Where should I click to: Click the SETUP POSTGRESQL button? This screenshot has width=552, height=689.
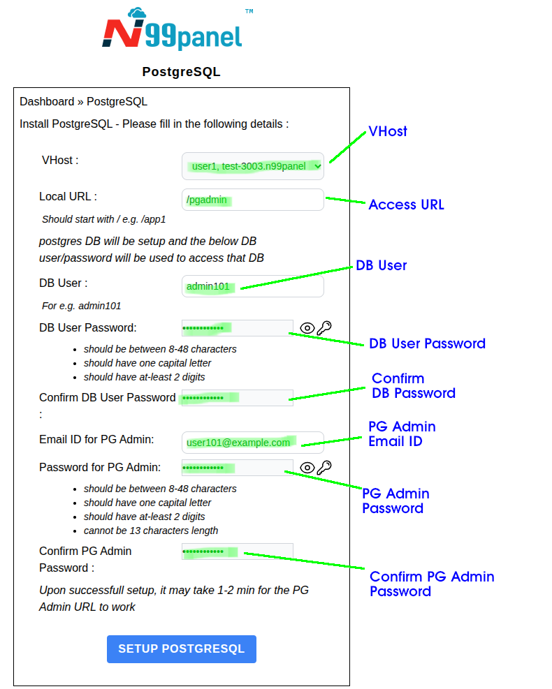(181, 649)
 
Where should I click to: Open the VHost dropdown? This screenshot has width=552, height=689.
(253, 166)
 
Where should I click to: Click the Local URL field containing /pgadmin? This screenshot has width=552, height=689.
(253, 200)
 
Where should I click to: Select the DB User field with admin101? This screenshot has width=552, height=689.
(253, 286)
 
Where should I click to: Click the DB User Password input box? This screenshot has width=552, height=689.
(237, 328)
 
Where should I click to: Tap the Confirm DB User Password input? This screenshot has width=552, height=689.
(237, 398)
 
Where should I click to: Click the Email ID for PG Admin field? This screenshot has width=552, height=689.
(253, 443)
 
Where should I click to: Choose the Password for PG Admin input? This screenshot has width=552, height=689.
(237, 468)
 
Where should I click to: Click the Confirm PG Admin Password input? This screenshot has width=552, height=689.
(237, 551)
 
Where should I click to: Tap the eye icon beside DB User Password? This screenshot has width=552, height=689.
(307, 328)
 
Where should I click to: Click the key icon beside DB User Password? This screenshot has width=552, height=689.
(324, 328)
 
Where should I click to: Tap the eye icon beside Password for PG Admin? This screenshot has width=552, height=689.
(307, 468)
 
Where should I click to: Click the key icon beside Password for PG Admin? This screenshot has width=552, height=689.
(324, 468)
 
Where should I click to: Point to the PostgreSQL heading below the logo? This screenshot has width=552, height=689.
(181, 72)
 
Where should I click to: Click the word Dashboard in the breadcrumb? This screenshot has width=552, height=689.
(47, 102)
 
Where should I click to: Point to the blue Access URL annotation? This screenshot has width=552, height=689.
(406, 205)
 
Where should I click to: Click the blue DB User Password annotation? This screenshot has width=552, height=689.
(427, 343)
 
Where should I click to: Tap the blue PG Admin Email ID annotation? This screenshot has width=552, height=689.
(402, 434)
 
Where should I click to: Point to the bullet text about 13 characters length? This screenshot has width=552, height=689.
(151, 531)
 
